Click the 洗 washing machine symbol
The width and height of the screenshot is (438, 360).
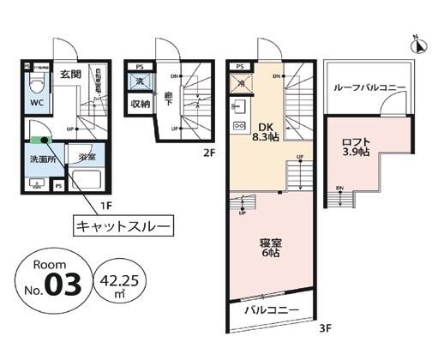[140, 81]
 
